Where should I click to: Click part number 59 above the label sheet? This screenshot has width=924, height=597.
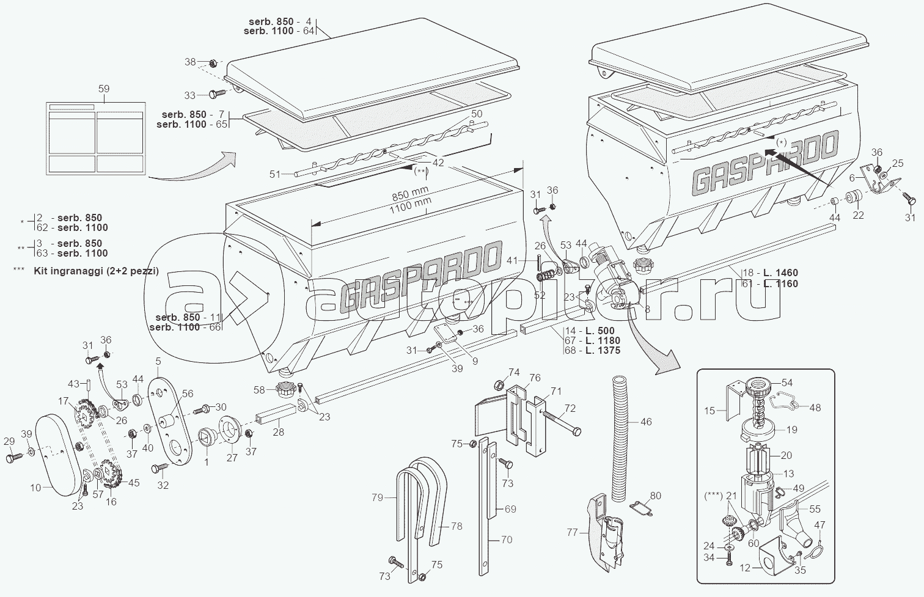[104, 89]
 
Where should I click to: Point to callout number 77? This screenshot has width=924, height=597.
[572, 533]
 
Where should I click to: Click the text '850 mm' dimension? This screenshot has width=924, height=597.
[410, 192]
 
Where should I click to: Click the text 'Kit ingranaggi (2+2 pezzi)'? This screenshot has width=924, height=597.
[96, 271]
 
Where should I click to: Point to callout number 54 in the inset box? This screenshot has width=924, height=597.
[787, 383]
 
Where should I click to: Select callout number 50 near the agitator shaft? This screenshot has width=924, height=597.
[477, 114]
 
